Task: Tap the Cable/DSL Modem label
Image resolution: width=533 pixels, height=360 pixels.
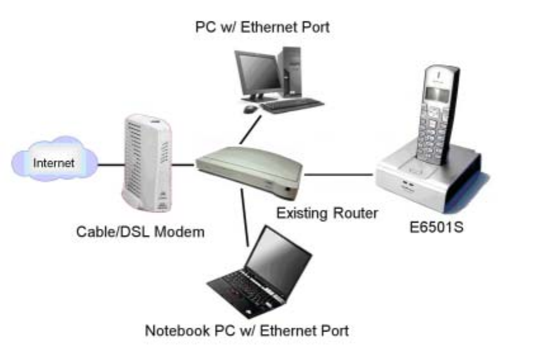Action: (141, 231)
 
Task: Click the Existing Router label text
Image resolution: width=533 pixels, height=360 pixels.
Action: (326, 213)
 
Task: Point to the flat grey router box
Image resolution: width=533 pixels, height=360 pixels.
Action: (247, 170)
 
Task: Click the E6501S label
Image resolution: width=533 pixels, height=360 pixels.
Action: (435, 226)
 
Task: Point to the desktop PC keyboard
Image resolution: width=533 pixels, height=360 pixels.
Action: (292, 105)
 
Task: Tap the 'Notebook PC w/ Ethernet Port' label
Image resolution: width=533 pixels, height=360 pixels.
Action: (247, 330)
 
